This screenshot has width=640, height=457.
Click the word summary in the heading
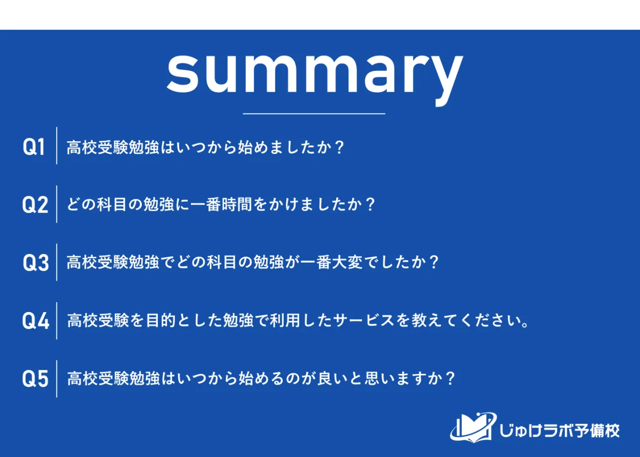click(x=315, y=77)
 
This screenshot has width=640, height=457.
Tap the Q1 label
click(x=34, y=146)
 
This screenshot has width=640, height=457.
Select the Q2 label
click(x=35, y=205)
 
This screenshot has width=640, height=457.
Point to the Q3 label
click(x=36, y=263)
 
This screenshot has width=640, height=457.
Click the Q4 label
click(x=36, y=321)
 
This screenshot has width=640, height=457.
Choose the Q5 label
click(x=35, y=379)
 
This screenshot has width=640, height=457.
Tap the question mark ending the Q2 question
click(x=370, y=205)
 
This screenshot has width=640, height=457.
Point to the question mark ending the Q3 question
click(x=434, y=262)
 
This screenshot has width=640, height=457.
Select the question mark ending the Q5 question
click(x=450, y=378)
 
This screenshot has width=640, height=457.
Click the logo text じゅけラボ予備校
click(x=559, y=430)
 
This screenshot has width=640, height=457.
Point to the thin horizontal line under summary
click(x=314, y=114)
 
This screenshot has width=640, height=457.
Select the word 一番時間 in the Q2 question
click(x=221, y=205)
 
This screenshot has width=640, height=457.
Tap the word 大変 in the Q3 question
click(x=347, y=262)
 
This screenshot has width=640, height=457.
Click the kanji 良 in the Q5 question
click(x=325, y=378)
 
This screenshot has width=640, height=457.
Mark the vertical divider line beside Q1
click(x=57, y=145)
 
